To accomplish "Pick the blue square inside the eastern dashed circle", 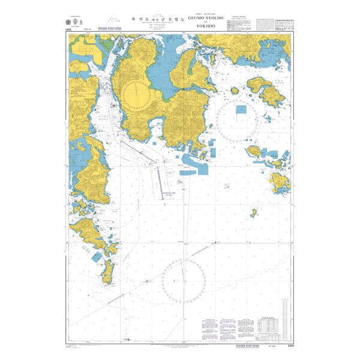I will pyautogui.click(x=241, y=109).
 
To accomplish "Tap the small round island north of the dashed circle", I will pyautogui.click(x=235, y=91).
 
